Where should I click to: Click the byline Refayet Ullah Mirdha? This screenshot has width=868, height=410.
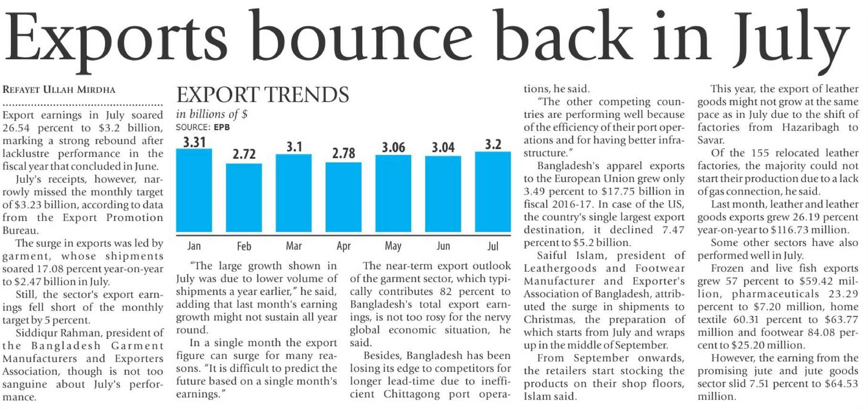59,90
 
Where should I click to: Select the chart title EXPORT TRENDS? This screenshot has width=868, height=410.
263,95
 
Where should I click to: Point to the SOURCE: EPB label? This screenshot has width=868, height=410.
203,127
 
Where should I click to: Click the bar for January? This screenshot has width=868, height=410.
194,191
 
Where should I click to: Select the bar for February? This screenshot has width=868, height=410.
244,198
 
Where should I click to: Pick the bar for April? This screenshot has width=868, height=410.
343,197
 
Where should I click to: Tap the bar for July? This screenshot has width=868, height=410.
493,192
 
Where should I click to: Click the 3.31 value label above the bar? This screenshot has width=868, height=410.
194,142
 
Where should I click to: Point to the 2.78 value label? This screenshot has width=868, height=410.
344,153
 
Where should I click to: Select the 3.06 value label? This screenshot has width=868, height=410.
393,147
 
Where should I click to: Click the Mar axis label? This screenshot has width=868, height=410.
294,246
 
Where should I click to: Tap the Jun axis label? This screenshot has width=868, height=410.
443,246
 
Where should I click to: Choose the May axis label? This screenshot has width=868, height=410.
393,246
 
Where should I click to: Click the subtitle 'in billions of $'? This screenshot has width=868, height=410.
212,114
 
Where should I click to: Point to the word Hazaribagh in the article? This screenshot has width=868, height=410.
810,127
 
